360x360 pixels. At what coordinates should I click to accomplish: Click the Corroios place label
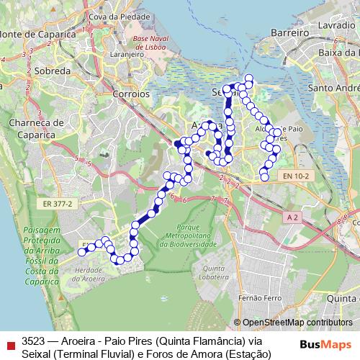(x=131, y=94)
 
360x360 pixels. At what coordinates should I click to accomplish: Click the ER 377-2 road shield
(x=58, y=204)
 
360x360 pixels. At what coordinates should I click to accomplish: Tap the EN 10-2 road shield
(x=295, y=175)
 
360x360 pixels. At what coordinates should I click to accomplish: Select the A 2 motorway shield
(x=292, y=217)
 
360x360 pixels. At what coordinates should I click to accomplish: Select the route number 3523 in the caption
(x=33, y=341)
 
